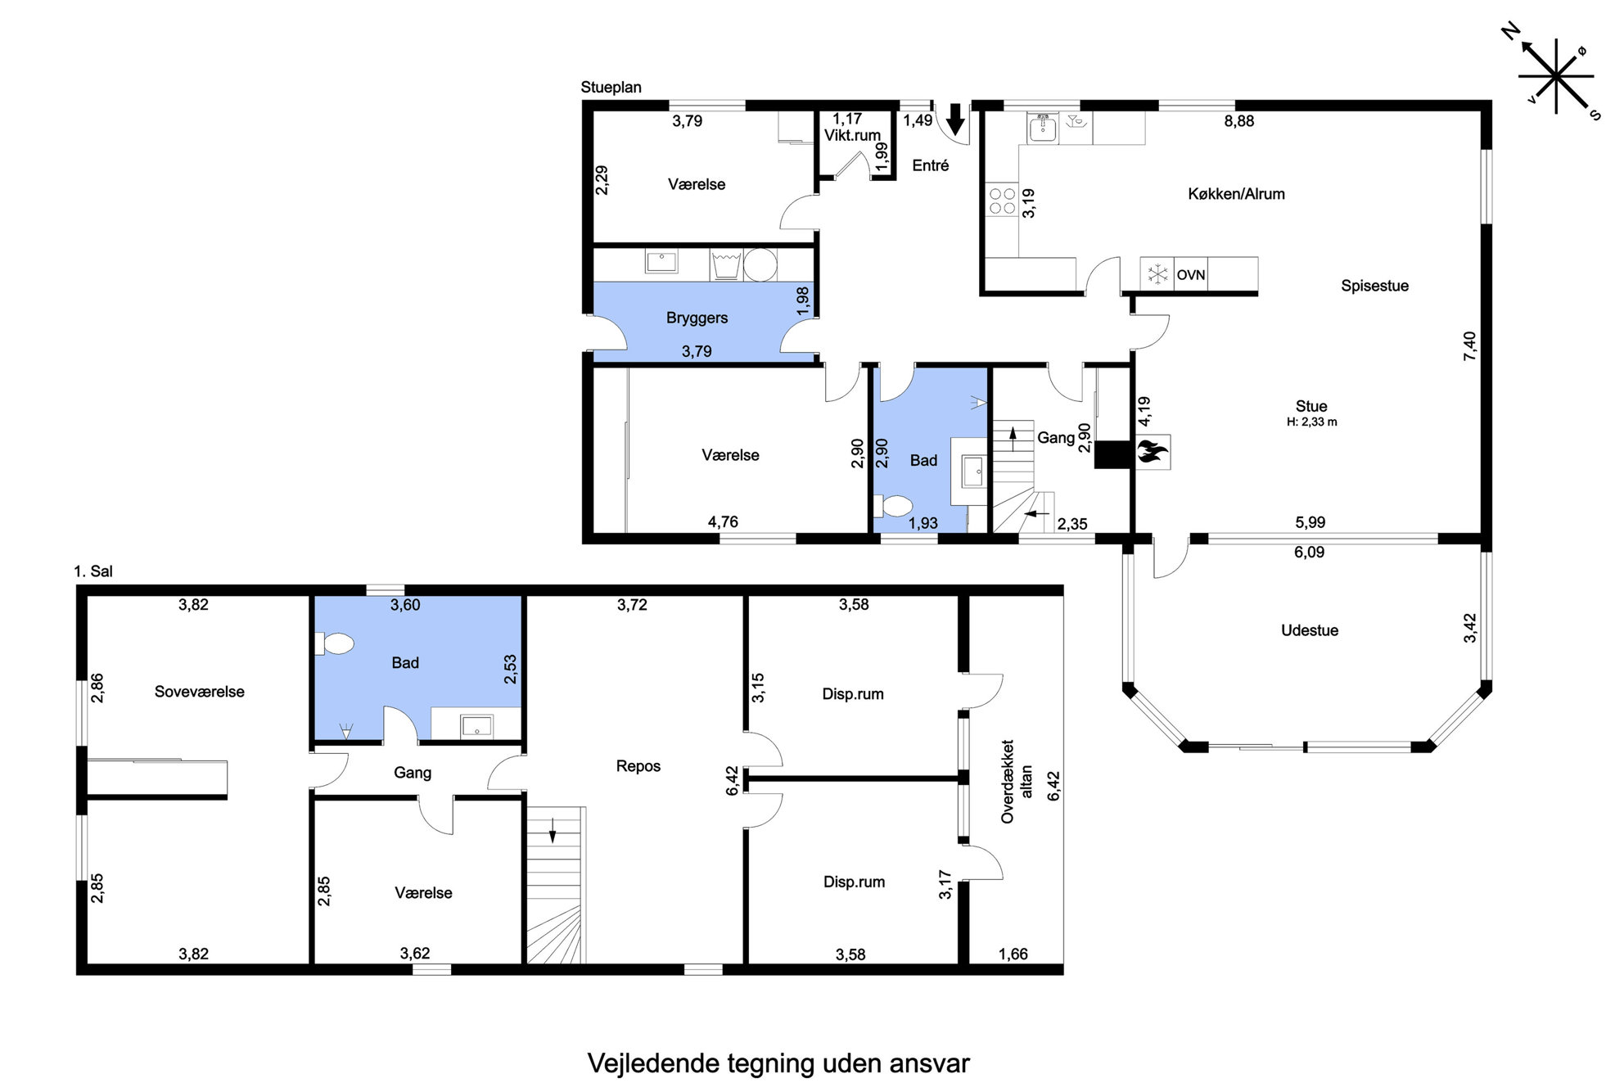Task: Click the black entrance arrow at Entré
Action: click(x=955, y=120)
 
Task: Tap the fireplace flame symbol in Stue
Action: click(x=1152, y=452)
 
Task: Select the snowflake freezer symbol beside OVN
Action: click(x=1157, y=274)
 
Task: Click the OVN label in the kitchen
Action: click(x=1191, y=275)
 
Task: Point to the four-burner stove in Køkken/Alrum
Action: click(x=1002, y=201)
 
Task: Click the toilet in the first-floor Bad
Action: click(x=334, y=644)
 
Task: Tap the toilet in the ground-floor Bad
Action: click(x=892, y=506)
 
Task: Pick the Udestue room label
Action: click(x=1310, y=630)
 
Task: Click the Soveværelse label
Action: click(x=200, y=692)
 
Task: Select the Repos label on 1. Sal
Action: click(x=638, y=766)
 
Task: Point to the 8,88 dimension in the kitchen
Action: click(x=1239, y=121)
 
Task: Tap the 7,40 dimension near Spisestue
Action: click(x=1470, y=345)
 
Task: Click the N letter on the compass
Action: click(x=1511, y=32)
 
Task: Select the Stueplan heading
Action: click(x=611, y=88)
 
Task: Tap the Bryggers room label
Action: click(x=697, y=318)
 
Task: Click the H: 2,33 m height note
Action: click(x=1311, y=422)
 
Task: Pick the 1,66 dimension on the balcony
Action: click(x=1013, y=954)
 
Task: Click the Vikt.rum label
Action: click(x=852, y=136)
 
